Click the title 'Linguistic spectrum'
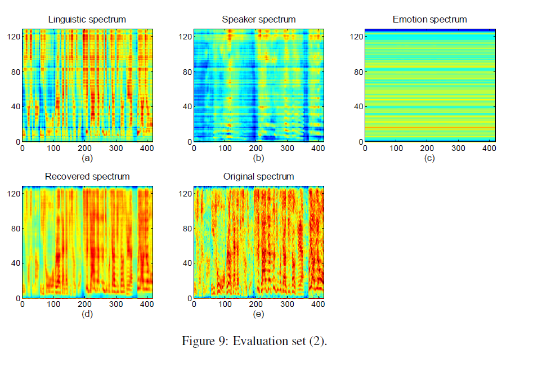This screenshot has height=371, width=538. [87, 20]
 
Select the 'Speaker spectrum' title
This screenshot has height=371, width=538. [258, 20]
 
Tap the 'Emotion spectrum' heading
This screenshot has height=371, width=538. [429, 20]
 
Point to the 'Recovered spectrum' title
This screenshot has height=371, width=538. [87, 176]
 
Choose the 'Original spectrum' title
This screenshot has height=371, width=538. [258, 176]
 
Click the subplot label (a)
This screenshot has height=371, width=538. [87, 158]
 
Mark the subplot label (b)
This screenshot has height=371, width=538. [258, 158]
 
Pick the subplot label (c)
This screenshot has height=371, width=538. [429, 158]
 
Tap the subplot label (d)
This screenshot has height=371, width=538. [87, 314]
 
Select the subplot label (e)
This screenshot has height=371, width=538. [258, 314]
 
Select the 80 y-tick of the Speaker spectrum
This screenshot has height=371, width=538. [185, 71]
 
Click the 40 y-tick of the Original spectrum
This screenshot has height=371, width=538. [185, 263]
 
